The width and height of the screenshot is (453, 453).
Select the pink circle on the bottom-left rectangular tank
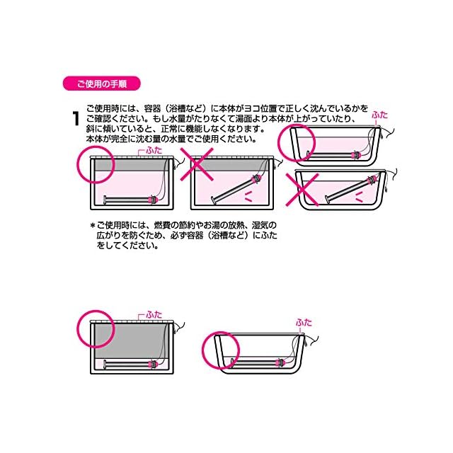[93, 326]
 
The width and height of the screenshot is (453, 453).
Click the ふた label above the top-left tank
[154, 151]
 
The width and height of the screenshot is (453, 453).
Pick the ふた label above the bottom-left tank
[154, 313]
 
